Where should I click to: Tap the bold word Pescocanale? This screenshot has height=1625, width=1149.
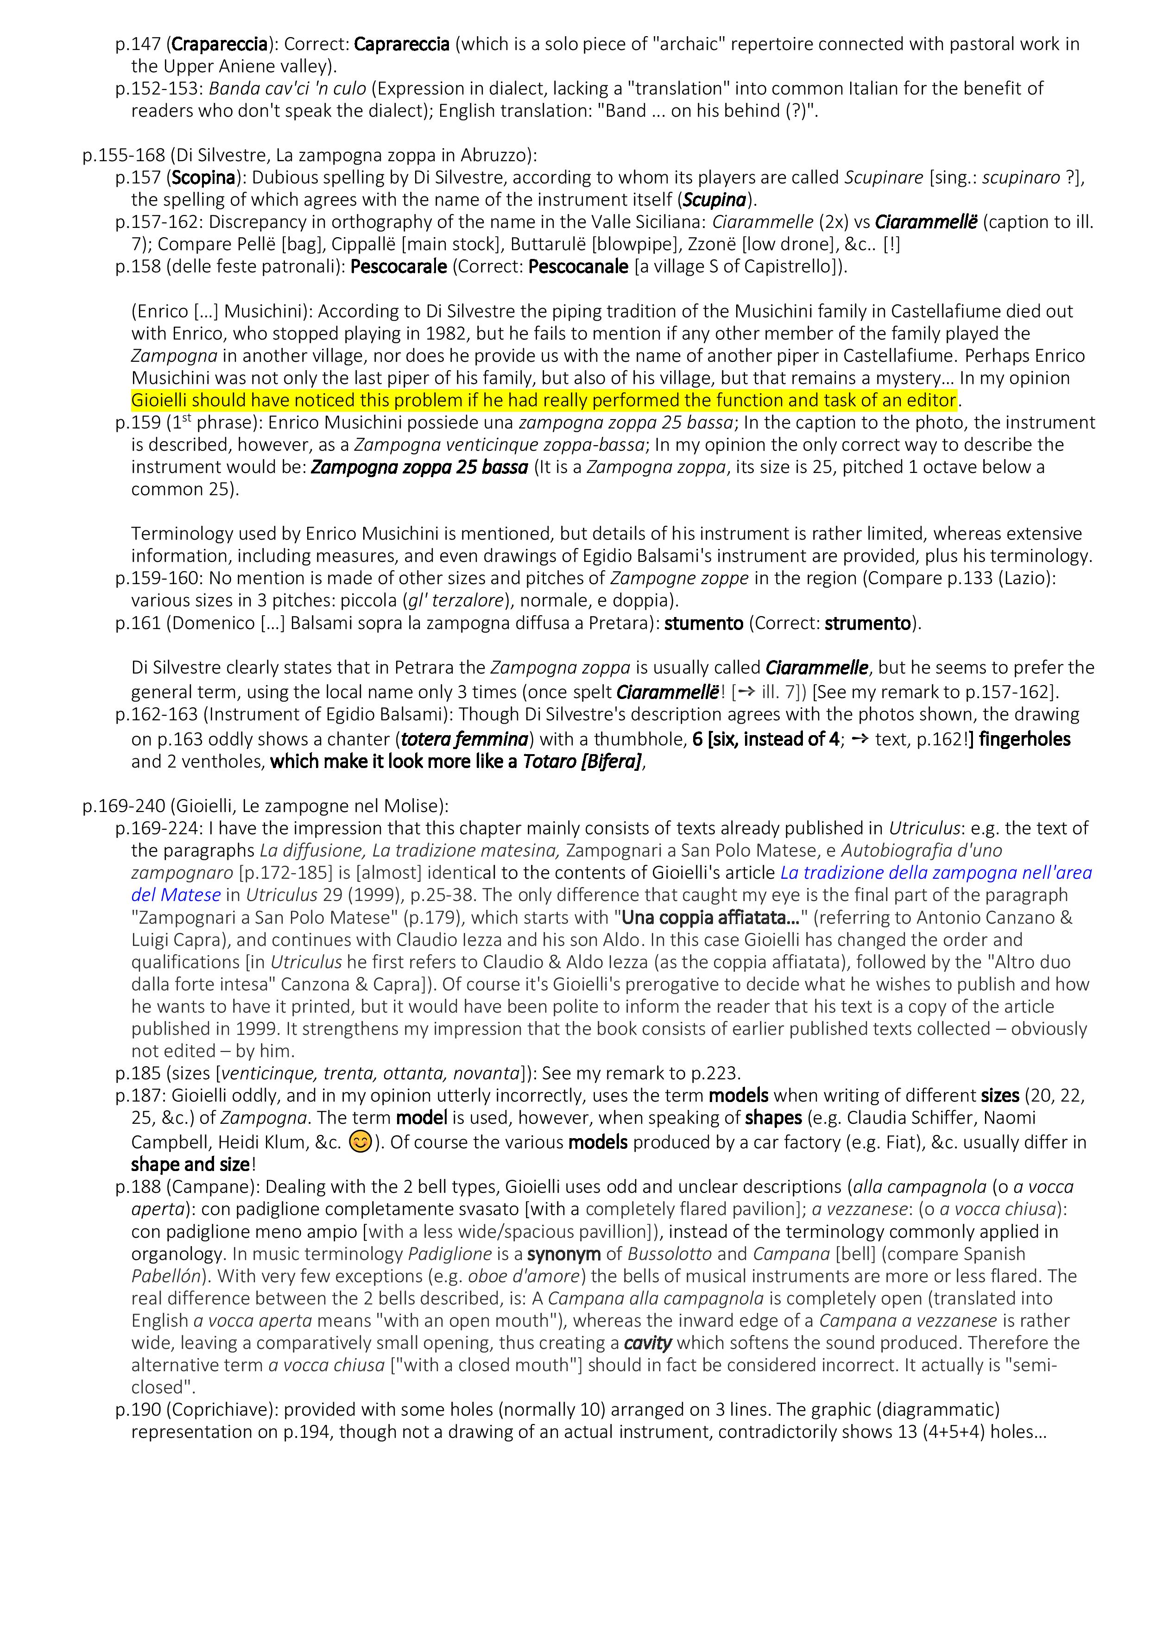[578, 267]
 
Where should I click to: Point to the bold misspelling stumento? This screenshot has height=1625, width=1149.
[704, 624]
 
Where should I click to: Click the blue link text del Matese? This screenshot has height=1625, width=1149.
[176, 895]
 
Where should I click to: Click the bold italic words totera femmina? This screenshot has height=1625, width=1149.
[464, 740]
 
